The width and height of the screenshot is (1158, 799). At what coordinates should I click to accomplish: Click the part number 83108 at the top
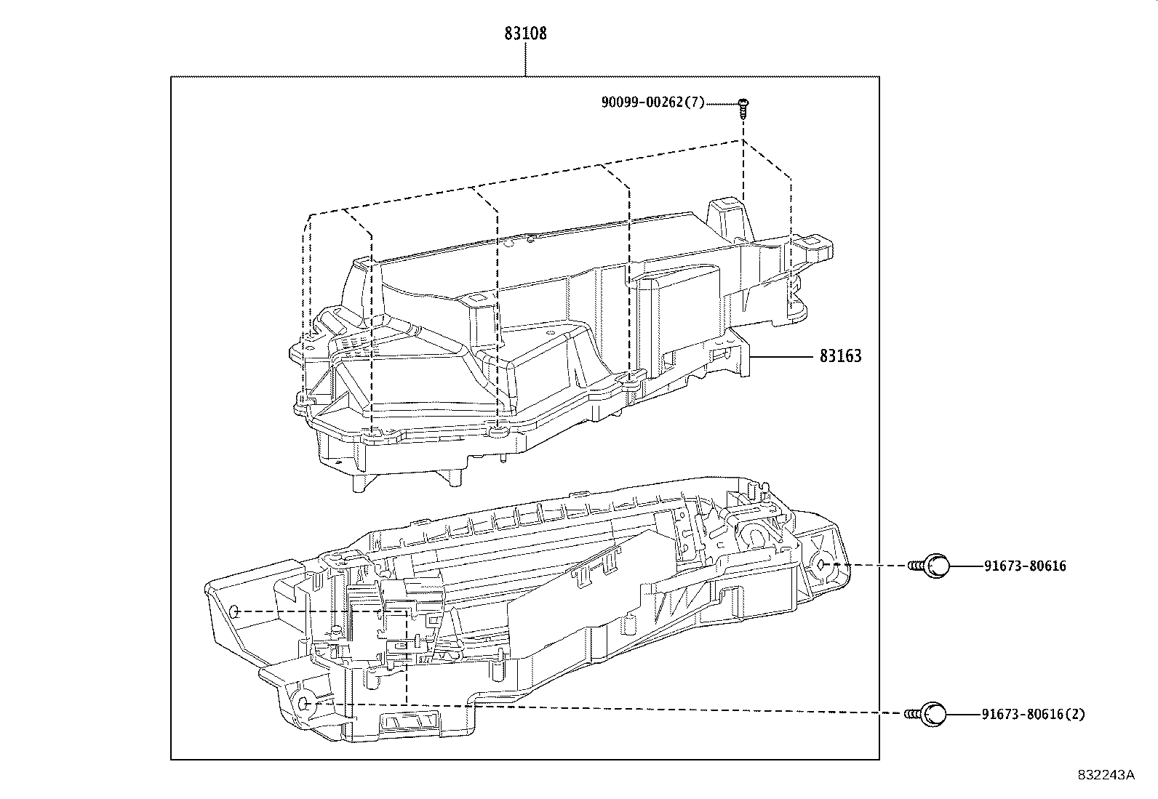(x=525, y=33)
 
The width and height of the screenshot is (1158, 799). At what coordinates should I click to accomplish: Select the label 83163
(x=840, y=356)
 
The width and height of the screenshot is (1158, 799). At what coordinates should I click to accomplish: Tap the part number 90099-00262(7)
(x=652, y=103)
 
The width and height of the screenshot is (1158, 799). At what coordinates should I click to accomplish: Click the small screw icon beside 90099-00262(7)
(x=743, y=106)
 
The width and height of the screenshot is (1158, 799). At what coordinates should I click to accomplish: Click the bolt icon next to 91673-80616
(x=932, y=566)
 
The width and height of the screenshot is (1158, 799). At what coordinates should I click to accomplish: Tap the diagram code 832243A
(x=1106, y=775)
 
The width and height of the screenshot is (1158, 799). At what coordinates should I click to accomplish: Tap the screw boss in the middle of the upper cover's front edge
(x=498, y=432)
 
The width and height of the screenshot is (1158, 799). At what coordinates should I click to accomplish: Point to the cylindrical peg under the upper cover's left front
(x=358, y=481)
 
